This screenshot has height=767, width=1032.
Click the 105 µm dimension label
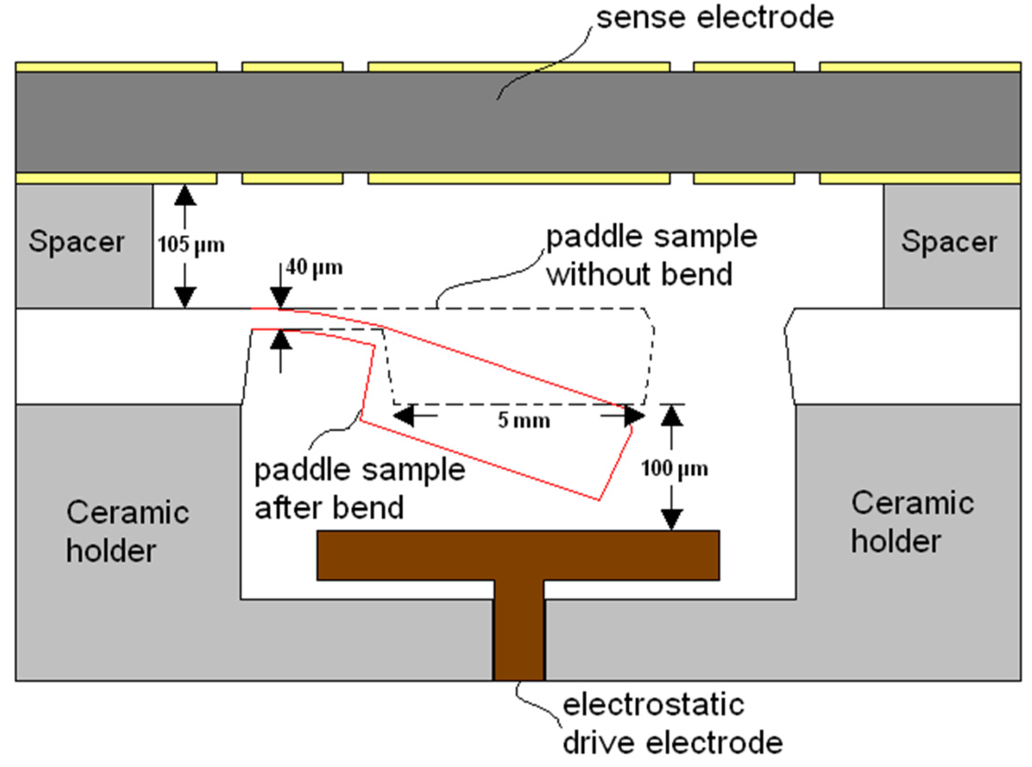click(191, 245)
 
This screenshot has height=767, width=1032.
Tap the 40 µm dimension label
click(314, 268)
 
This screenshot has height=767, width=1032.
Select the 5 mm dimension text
click(524, 421)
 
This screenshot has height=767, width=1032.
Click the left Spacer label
click(77, 242)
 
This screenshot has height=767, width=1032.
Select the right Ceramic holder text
click(912, 523)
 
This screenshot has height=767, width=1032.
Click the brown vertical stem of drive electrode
click(519, 631)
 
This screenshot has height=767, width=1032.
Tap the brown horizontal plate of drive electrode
click(518, 555)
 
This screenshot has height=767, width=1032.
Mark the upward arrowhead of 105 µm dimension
click(184, 195)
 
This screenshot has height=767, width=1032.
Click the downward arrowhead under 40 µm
click(280, 298)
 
